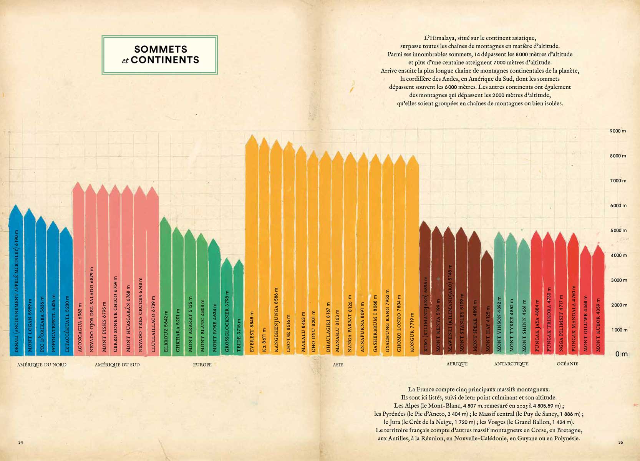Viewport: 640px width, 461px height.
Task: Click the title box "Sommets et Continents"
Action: (160, 55)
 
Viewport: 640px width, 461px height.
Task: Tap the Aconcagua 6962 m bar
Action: (79, 269)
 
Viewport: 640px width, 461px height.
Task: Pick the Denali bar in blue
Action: (16, 280)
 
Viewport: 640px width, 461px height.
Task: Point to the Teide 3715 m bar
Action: (239, 307)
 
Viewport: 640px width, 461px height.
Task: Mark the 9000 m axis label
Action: (618, 131)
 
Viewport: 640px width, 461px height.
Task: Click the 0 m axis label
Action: (621, 354)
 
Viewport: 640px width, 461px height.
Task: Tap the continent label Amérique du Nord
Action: (42, 365)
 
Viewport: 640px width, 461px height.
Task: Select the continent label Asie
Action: (338, 365)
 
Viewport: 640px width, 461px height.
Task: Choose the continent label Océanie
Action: (567, 364)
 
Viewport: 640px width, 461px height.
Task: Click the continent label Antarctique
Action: (511, 364)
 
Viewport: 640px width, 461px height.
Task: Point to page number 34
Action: (21, 442)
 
